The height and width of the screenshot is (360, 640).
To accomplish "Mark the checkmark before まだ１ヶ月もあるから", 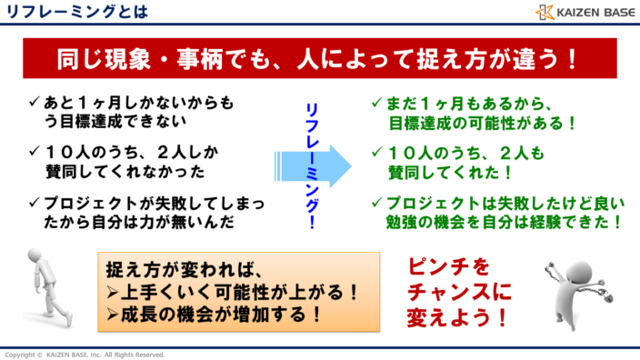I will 377,103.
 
